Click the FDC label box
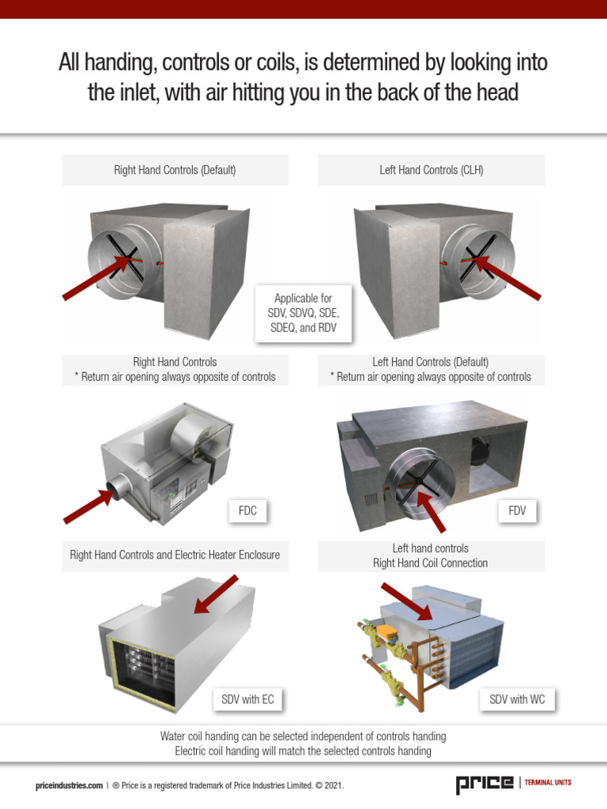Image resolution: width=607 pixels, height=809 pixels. pos(247,511)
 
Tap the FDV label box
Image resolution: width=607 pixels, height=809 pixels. pos(518,511)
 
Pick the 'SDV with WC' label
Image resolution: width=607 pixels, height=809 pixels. pos(517,699)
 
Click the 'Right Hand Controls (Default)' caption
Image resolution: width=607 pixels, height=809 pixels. pos(175,170)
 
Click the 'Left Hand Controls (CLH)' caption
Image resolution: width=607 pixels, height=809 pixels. pos(432,170)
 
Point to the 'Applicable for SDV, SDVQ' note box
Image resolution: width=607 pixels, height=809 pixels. pos(303,313)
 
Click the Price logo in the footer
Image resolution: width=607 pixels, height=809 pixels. pos(483,784)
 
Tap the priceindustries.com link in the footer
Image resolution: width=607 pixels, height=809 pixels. pos(69,785)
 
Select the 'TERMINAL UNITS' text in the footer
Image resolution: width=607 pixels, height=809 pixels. pos(548,783)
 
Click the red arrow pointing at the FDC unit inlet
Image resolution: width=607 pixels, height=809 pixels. pos(88,506)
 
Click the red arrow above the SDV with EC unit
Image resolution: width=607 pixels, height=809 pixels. pos(216,594)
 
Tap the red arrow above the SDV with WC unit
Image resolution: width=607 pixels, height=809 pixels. pos(406,601)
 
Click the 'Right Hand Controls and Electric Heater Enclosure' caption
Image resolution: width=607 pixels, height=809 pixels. pos(175,555)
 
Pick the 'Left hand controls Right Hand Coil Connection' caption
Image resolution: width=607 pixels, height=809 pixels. pos(431,555)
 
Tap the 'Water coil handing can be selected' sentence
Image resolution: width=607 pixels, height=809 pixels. pos(303,736)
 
